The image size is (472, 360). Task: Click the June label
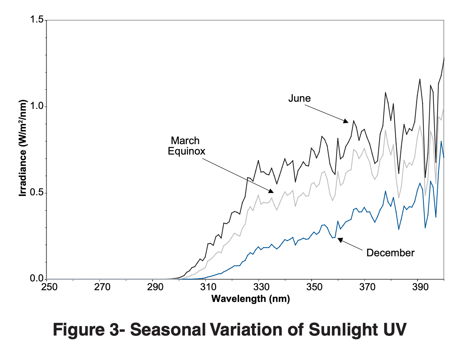[x=299, y=98]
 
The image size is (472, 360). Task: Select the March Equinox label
[x=186, y=146]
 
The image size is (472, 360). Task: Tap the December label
[x=390, y=253]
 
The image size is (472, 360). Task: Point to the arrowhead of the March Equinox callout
[x=271, y=191]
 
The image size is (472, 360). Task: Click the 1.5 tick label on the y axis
[x=37, y=20]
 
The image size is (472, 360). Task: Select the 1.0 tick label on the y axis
[x=37, y=106]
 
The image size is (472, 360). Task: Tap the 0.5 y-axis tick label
[x=37, y=192]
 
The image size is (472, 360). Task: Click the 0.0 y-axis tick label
[x=37, y=278]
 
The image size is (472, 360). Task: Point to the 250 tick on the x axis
[x=49, y=287]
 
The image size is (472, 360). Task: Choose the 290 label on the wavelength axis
[x=155, y=287]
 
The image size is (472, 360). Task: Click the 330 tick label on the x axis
[x=261, y=287]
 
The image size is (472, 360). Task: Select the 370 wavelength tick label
[x=367, y=287]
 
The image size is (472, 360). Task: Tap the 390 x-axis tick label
[x=420, y=287]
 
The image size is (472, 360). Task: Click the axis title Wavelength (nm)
[x=250, y=299]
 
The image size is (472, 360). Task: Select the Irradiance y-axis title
[x=22, y=148]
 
